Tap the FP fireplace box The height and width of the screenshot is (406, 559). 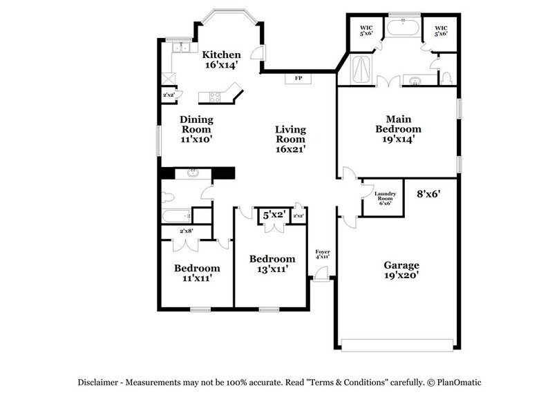(x=299, y=79)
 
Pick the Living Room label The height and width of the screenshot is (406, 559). (x=290, y=139)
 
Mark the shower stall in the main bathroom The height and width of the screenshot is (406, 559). (x=361, y=70)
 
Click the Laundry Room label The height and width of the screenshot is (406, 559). (x=384, y=199)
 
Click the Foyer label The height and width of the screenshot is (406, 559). (x=322, y=253)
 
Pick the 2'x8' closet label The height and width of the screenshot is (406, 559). (x=187, y=231)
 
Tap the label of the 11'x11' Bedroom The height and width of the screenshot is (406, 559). (x=197, y=273)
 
